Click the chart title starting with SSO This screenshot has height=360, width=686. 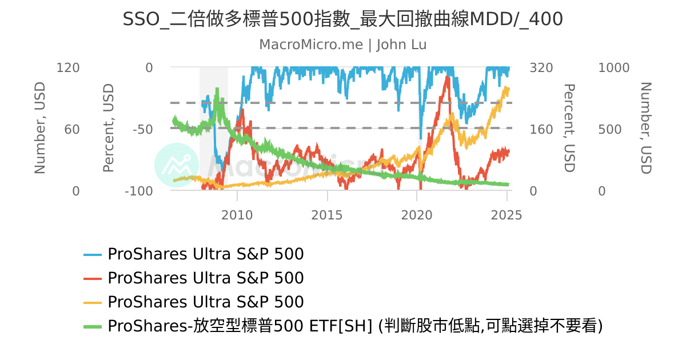(x=343, y=19)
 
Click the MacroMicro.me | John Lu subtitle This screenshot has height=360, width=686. (x=343, y=45)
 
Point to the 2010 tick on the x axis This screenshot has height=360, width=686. (x=237, y=215)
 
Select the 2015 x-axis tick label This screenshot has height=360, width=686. (x=327, y=215)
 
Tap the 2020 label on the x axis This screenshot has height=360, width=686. (x=417, y=215)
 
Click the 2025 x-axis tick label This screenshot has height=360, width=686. (x=506, y=215)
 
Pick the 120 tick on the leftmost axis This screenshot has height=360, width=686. (x=68, y=68)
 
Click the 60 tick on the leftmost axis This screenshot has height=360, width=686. (x=72, y=130)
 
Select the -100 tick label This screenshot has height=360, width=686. (x=138, y=191)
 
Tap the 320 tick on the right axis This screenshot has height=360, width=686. (x=541, y=68)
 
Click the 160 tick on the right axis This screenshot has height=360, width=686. (x=541, y=130)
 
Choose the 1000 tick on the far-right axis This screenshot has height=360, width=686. (x=613, y=68)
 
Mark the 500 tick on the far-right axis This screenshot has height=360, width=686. (x=610, y=130)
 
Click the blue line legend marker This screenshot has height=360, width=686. (x=93, y=254)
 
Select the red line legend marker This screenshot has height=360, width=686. (x=93, y=278)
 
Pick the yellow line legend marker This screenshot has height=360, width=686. (x=93, y=302)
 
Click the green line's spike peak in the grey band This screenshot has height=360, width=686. (x=217, y=90)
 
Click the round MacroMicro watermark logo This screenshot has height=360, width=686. (x=177, y=165)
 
